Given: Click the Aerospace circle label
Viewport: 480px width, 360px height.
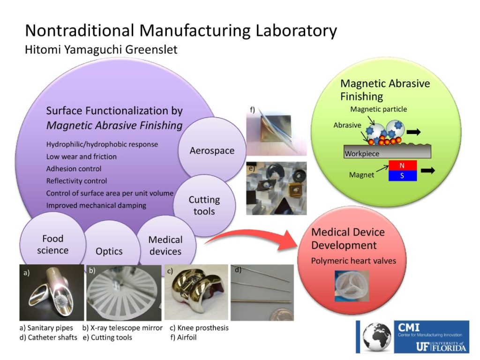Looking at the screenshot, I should (212, 151).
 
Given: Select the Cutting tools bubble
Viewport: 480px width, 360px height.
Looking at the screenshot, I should (204, 205).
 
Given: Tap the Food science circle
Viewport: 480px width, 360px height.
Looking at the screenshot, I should (52, 244).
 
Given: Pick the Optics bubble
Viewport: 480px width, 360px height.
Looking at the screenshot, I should (109, 251).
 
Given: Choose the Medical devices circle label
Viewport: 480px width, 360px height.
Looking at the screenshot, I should (165, 245).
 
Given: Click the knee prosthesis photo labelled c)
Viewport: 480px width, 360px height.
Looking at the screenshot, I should (196, 292).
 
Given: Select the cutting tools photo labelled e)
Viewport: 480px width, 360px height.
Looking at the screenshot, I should (277, 188).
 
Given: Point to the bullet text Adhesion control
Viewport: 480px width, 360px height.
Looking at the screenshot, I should (74, 169).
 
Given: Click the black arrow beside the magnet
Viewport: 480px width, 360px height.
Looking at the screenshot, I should (427, 171).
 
